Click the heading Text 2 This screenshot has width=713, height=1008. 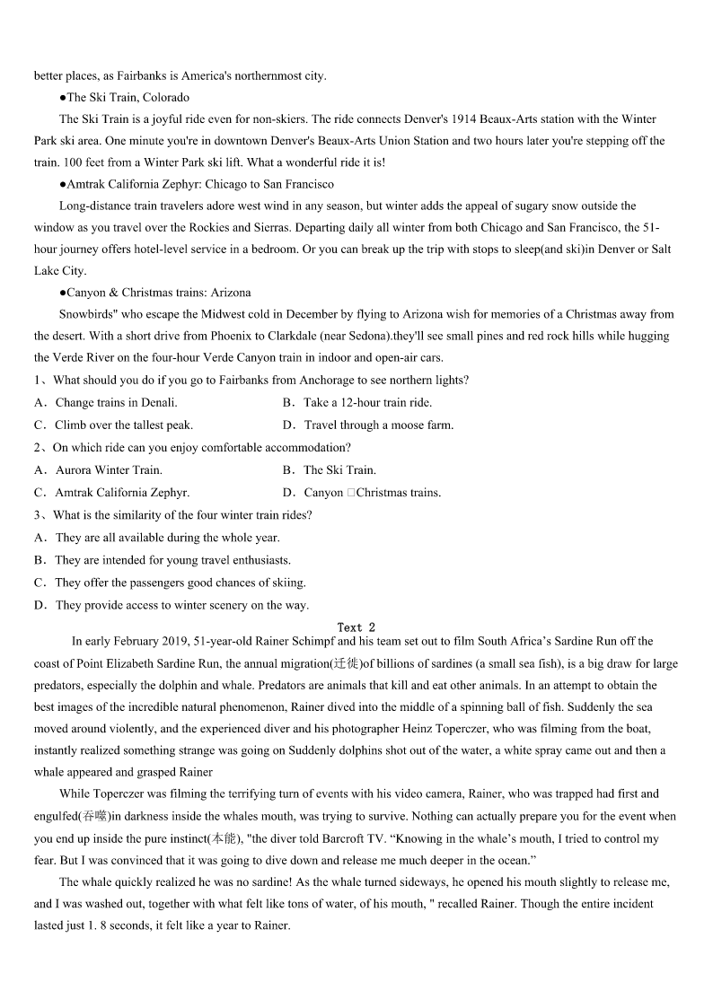tap(356, 627)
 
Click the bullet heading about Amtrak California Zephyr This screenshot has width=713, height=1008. tap(196, 184)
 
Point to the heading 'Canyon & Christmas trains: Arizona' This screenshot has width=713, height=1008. tap(154, 293)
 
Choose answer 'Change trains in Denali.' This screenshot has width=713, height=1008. tap(116, 403)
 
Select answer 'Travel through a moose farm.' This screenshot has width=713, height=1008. tap(378, 425)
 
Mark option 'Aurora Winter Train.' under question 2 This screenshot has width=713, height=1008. tap(109, 469)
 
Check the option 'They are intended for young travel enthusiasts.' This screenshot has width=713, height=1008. tap(172, 560)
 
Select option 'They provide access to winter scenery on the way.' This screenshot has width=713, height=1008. tap(181, 605)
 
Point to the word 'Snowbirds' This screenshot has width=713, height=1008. tap(87, 314)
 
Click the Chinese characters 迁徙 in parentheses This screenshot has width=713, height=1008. tap(346, 664)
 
